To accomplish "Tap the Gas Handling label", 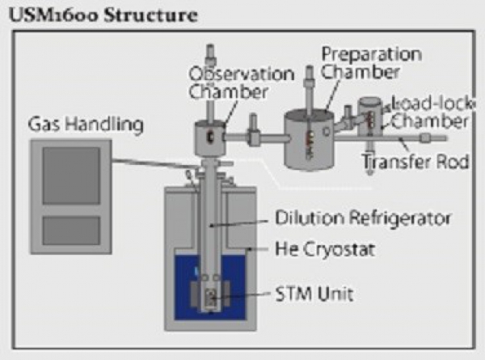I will [84, 125].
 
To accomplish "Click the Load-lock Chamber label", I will [428, 112].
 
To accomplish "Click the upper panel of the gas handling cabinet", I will [71, 175].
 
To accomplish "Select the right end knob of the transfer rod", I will [424, 138].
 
